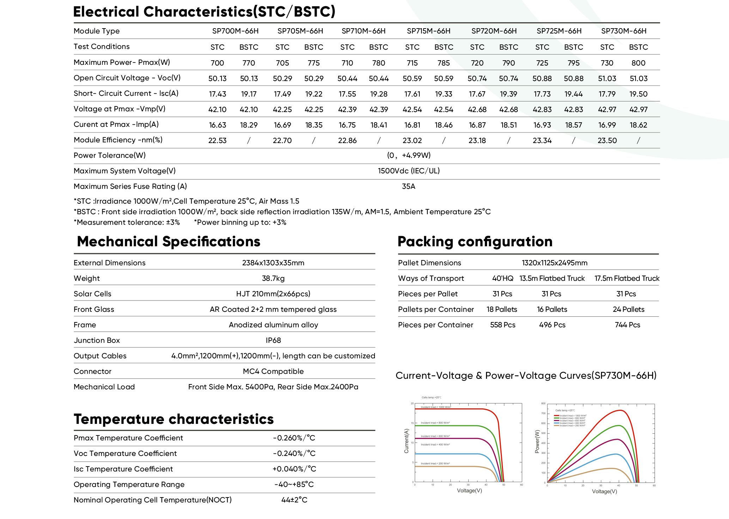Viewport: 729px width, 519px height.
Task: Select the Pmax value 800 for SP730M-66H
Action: [x=638, y=63]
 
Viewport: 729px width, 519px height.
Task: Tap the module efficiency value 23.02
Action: [x=412, y=141]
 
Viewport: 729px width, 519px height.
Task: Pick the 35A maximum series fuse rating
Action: [x=408, y=186]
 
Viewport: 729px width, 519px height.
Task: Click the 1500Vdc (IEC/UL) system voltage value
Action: [x=408, y=171]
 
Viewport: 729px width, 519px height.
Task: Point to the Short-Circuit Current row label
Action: [x=126, y=93]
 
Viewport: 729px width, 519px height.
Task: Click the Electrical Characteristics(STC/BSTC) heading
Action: [x=204, y=12]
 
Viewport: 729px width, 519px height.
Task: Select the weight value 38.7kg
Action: [x=273, y=278]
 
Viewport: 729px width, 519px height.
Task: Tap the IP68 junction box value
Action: [x=273, y=340]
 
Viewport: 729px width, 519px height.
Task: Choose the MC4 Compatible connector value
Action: [x=273, y=371]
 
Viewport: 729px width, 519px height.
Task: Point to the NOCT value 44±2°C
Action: [x=294, y=500]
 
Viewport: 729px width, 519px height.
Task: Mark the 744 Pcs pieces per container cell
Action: [x=627, y=325]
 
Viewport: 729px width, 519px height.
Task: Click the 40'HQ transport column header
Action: [x=503, y=278]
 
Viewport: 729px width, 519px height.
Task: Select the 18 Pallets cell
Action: [x=502, y=309]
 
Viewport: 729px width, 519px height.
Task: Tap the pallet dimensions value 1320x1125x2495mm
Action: [x=554, y=263]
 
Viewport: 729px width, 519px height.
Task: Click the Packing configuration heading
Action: [x=475, y=242]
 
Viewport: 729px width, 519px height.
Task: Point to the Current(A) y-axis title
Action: [x=406, y=441]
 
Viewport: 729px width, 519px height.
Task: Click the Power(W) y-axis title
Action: [x=537, y=441]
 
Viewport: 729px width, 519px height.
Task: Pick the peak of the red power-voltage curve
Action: [x=620, y=410]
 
